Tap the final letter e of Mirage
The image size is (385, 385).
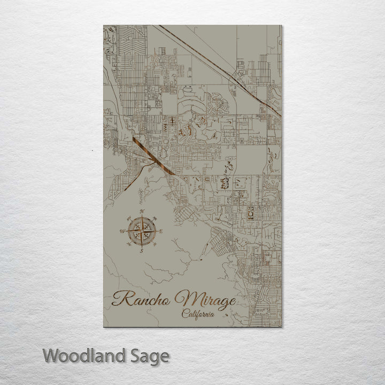tap(231, 300)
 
